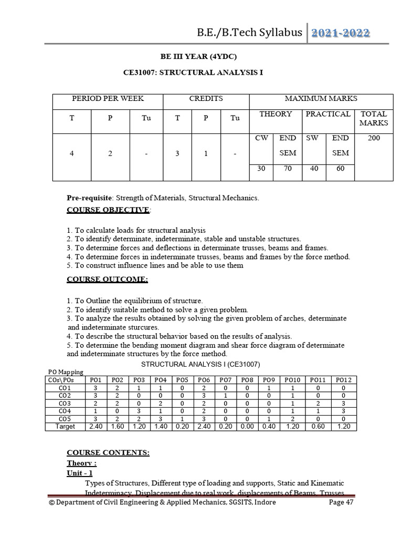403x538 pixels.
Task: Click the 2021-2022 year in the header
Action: click(341, 33)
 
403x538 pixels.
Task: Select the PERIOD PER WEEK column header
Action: click(108, 99)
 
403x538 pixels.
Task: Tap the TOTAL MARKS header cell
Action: click(374, 118)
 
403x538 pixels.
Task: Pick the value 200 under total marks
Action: click(374, 138)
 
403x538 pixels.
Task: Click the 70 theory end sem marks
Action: click(288, 169)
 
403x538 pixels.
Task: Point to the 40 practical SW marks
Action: click(313, 169)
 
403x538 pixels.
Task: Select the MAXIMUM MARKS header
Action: click(321, 99)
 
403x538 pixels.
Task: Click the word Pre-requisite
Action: click(89, 198)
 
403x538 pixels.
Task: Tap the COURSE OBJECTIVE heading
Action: click(108, 210)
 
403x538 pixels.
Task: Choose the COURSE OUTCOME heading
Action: click(107, 280)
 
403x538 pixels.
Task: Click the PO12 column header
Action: click(343, 380)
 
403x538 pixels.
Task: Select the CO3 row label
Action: click(65, 403)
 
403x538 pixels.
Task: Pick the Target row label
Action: click(65, 427)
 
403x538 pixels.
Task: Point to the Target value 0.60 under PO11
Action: click(318, 427)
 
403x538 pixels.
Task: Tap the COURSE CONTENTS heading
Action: click(108, 452)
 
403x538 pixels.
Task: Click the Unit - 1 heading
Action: click(80, 473)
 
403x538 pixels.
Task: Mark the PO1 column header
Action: click(96, 380)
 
